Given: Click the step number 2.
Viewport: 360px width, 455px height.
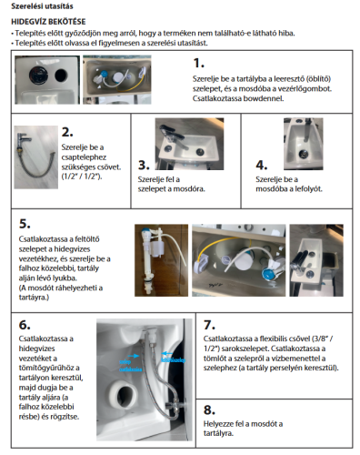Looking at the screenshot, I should tap(67, 133).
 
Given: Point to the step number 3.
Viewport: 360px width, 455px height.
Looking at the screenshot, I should tap(144, 165).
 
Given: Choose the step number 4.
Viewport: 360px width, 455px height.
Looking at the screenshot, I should tap(262, 165).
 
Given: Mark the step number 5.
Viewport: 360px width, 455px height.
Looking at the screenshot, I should tap(25, 223).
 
